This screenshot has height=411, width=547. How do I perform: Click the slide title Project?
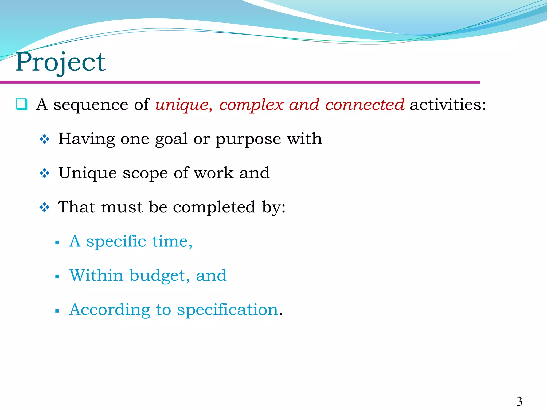60,62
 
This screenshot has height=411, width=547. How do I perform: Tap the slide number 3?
519,401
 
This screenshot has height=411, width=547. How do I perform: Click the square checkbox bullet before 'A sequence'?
21,104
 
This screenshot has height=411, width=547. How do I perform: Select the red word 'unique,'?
184,105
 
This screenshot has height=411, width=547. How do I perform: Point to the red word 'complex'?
251,105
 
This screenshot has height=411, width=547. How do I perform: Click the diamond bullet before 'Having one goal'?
44,139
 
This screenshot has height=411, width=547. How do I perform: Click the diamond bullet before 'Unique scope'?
44,173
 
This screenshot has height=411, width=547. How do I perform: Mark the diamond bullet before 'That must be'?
44,207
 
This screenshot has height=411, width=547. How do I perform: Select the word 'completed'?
214,207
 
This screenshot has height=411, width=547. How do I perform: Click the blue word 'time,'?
172,241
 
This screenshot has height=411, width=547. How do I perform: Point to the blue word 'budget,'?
159,276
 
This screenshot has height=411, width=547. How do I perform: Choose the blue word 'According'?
110,310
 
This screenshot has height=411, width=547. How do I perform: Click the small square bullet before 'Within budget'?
57,277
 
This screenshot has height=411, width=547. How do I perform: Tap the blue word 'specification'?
228,310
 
